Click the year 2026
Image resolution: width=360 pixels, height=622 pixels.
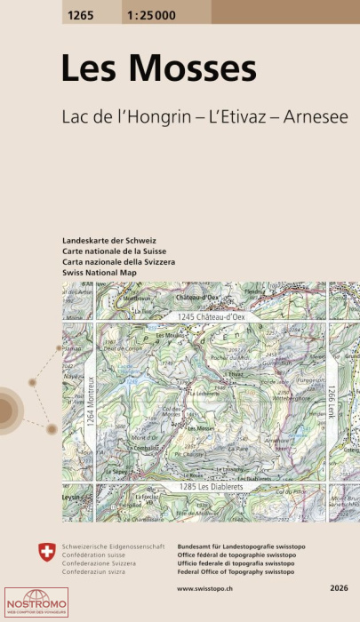(340, 588)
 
